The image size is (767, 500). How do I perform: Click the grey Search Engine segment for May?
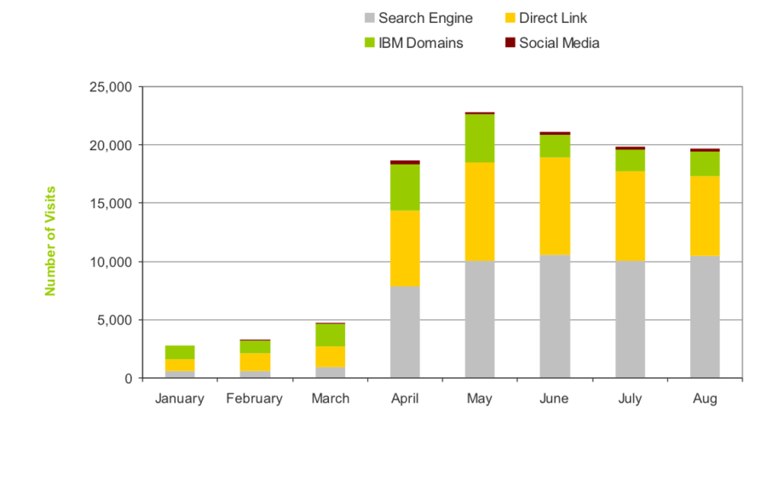point(480,319)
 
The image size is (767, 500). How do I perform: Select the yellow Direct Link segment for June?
point(555,206)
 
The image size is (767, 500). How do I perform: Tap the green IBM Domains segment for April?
point(405,187)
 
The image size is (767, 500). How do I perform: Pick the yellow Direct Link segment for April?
point(405,247)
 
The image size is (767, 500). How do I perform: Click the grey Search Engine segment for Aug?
point(705,317)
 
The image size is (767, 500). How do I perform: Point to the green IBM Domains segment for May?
point(480,137)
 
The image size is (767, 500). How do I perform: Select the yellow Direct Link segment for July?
point(630,216)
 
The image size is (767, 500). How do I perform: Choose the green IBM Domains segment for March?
point(330,334)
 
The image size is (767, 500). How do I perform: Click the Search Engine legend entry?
point(418,18)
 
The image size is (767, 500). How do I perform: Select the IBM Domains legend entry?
point(412,43)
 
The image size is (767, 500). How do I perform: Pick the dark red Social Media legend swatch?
point(510,43)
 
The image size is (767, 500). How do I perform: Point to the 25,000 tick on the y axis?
point(110,87)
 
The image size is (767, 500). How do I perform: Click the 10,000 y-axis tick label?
point(110,262)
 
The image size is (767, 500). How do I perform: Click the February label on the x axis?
point(254,398)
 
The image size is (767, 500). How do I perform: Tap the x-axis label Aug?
point(705,398)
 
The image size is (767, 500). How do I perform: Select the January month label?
point(180,398)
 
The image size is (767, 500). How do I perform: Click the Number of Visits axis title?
point(50,241)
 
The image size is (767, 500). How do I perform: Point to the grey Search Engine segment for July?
point(630,319)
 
